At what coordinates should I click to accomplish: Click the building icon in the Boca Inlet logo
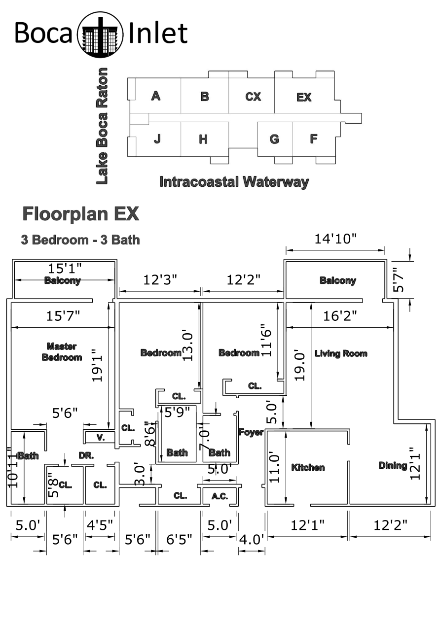pos(100,35)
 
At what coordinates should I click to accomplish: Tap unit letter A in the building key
pos(156,96)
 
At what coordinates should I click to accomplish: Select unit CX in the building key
pos(253,97)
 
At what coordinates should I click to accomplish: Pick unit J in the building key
pos(157,138)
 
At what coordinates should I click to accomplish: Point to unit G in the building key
pos(274,139)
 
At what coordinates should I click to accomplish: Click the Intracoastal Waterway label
pos(234,182)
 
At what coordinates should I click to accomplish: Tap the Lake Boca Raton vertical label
pos(102,126)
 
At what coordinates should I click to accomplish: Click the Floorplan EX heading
pos(80,214)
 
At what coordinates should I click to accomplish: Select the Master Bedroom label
pos(62,352)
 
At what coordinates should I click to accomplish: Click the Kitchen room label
pos(308,468)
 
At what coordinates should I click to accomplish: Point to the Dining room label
pos(393,466)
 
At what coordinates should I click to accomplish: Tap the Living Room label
pos(341,353)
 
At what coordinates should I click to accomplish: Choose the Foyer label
pos(251,432)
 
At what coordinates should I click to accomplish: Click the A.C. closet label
pos(220,496)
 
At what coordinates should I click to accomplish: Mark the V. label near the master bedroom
pos(101,438)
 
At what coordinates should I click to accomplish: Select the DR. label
pos(86,456)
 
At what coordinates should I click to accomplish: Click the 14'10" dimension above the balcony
pos(335,239)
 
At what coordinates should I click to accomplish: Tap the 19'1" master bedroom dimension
pos(97,366)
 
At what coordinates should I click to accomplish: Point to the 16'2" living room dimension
pos(340,316)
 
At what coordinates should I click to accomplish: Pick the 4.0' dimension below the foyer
pos(252,540)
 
